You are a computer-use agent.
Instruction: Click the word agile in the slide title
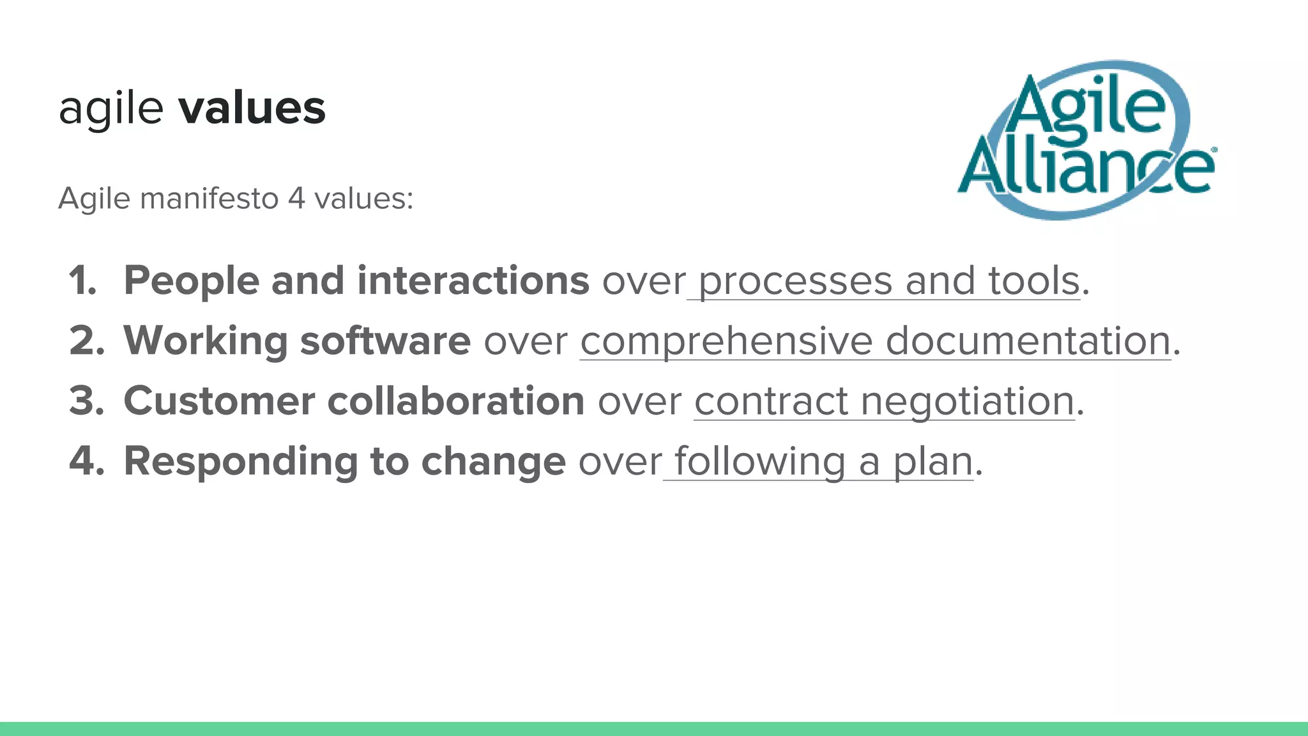[111, 109]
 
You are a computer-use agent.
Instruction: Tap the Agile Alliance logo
[1086, 140]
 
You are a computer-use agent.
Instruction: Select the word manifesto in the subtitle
[209, 199]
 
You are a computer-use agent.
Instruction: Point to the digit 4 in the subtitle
[296, 199]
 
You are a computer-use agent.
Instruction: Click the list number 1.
[82, 280]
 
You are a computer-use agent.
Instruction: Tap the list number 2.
[87, 341]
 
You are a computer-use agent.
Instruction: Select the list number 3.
[87, 401]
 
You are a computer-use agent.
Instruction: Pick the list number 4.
[87, 461]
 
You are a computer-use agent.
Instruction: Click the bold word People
[191, 281]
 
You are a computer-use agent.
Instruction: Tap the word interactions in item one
[473, 280]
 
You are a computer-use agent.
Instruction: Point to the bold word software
[385, 341]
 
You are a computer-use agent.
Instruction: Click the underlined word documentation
[1028, 341]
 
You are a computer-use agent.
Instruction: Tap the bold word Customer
[219, 401]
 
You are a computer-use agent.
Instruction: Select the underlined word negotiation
[968, 402]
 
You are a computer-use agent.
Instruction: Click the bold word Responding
[240, 462]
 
